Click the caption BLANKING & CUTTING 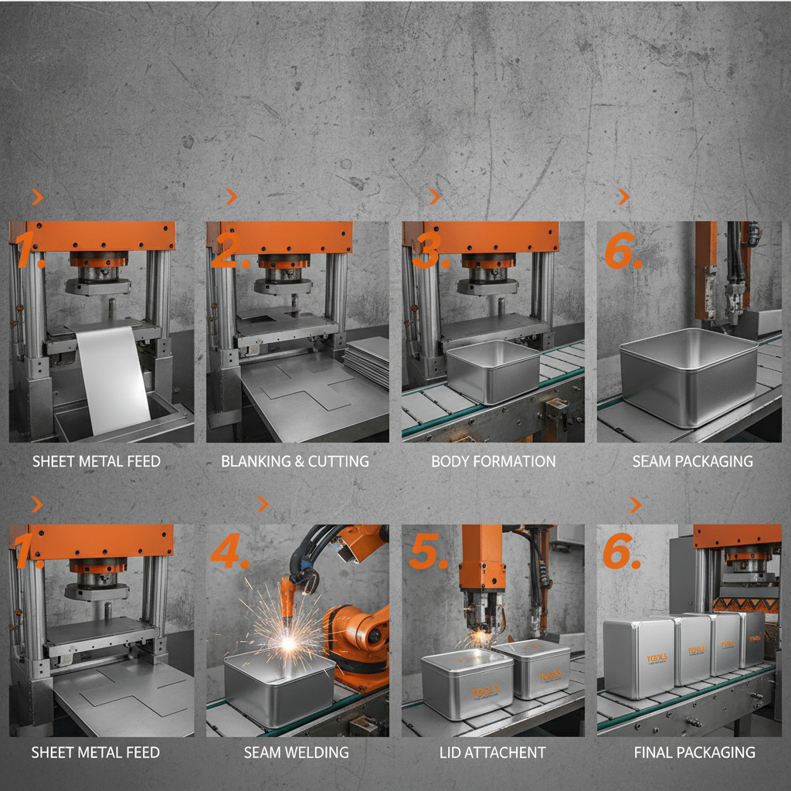pyautogui.click(x=295, y=461)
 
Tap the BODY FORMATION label pyautogui.click(x=493, y=461)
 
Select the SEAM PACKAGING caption pyautogui.click(x=692, y=461)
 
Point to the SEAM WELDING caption pyautogui.click(x=296, y=752)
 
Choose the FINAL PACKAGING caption pyautogui.click(x=694, y=752)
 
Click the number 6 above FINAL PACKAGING pyautogui.click(x=622, y=552)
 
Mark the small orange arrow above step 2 pyautogui.click(x=231, y=197)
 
